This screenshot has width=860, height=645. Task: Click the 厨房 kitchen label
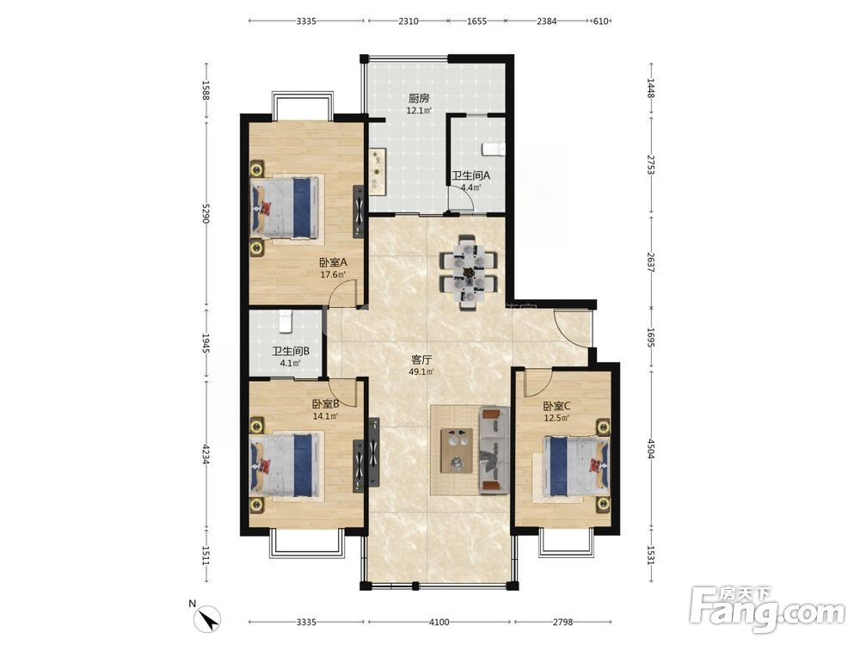(419, 99)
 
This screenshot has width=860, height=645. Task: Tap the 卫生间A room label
(470, 176)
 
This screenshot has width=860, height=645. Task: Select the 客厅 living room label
(421, 359)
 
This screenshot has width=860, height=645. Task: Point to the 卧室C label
(557, 407)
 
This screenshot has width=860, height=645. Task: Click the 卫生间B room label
(291, 351)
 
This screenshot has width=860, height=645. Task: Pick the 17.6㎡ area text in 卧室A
(333, 274)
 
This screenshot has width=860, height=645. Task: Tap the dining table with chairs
(469, 272)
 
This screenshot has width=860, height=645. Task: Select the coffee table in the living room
(457, 450)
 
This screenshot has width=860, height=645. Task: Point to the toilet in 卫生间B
(285, 322)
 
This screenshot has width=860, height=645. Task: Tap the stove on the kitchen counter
(378, 172)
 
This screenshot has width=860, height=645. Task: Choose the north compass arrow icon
(209, 618)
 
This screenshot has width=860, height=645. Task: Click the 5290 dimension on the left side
(206, 213)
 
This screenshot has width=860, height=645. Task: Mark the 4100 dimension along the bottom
(439, 622)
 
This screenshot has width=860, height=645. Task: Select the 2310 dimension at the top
(408, 21)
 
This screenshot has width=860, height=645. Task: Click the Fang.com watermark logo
(767, 610)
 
